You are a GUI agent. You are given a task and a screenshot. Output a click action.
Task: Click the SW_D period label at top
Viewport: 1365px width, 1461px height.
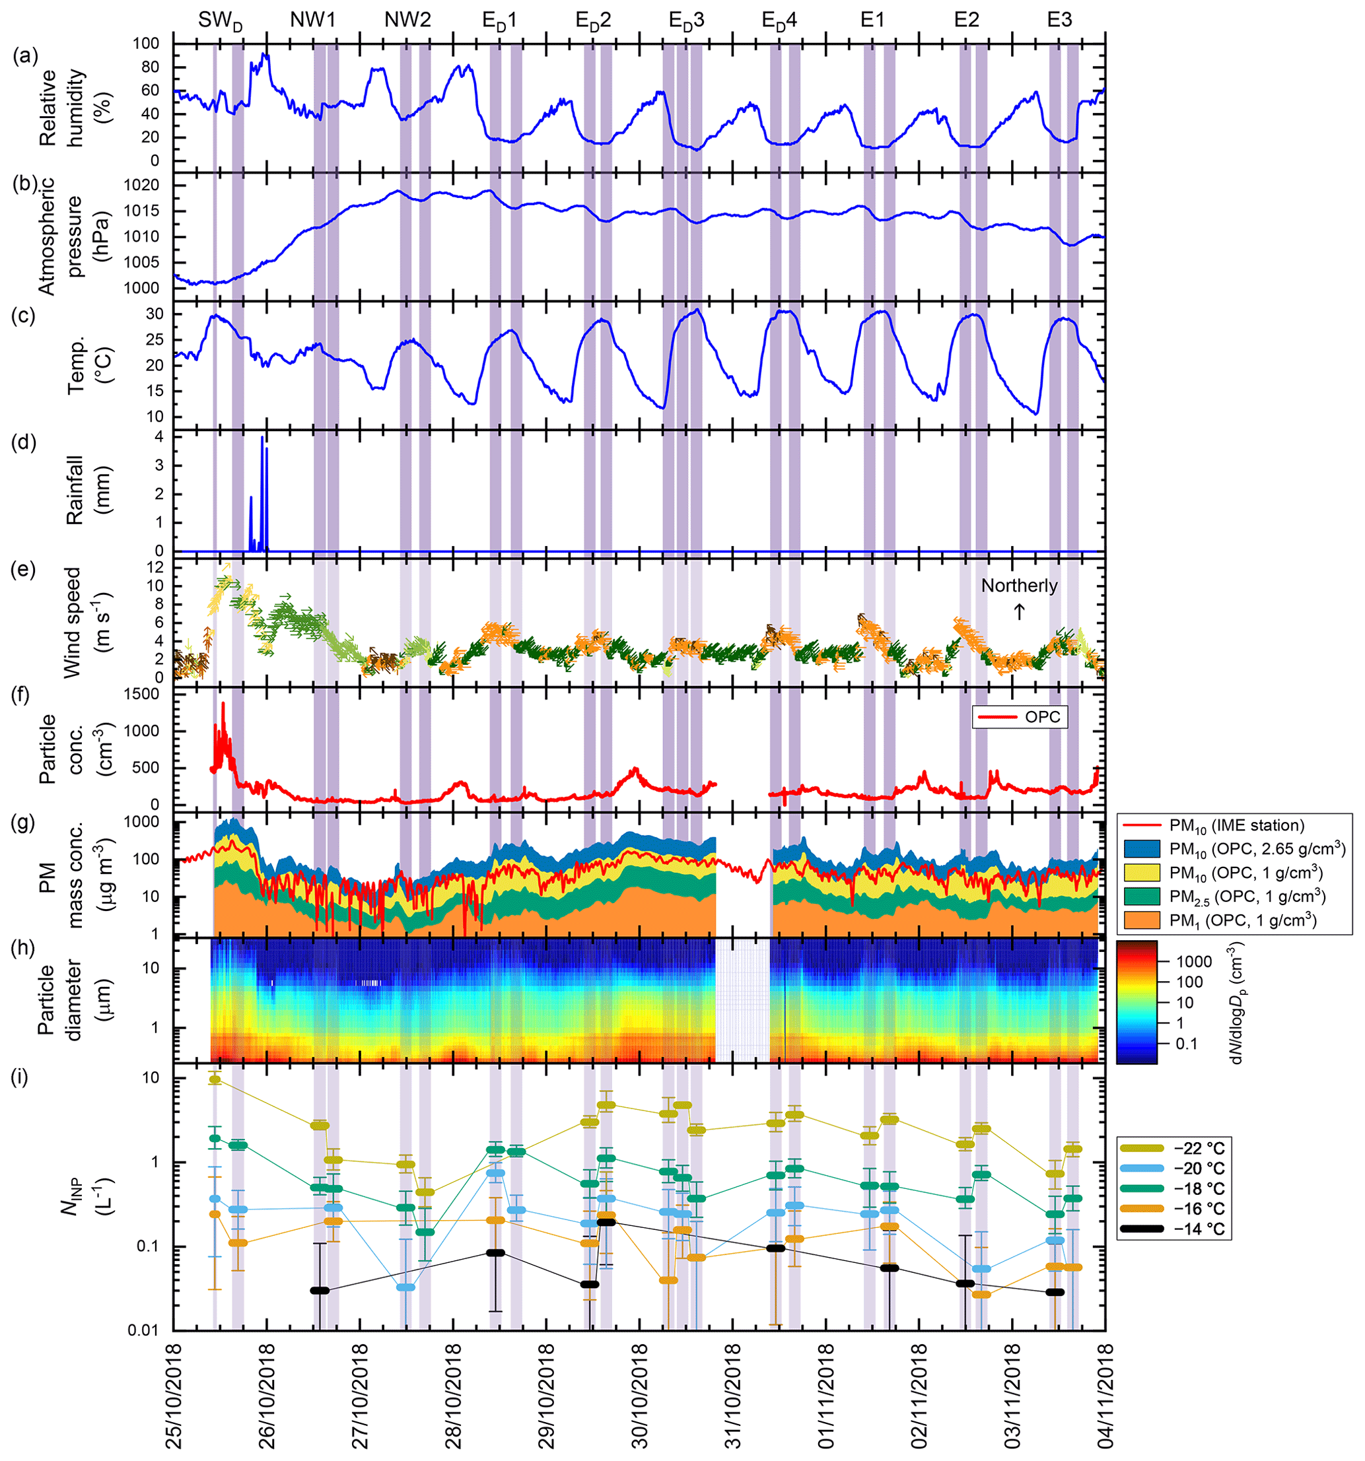click(221, 21)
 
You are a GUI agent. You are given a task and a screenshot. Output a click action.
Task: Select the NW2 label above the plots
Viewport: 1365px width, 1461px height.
click(407, 20)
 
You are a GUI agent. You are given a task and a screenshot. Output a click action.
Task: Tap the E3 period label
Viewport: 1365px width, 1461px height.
click(1059, 20)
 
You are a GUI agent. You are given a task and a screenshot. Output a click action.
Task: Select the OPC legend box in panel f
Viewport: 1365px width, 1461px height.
click(1020, 716)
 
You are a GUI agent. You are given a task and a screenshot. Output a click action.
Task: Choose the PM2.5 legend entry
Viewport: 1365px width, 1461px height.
click(1234, 896)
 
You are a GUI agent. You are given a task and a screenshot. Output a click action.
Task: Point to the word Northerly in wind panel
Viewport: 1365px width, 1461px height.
click(1020, 586)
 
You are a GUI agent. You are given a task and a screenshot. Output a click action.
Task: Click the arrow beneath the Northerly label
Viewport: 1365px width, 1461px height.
click(1020, 611)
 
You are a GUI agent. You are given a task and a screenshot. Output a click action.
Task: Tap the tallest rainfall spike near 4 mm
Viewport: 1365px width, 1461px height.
click(262, 440)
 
